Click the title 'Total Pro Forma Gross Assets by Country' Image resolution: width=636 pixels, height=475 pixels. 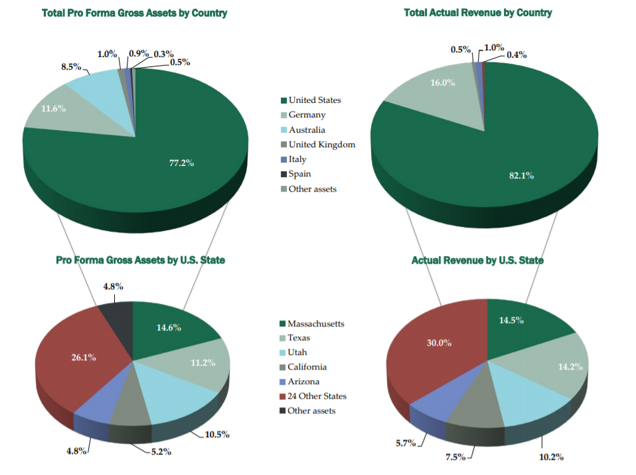click(134, 13)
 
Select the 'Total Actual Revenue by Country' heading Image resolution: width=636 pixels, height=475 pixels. click(477, 13)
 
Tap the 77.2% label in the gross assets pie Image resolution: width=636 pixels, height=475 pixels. click(181, 163)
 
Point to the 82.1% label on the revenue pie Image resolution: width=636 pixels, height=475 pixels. click(521, 175)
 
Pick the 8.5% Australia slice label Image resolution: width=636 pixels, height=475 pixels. click(71, 67)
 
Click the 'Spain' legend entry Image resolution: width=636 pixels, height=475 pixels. click(299, 174)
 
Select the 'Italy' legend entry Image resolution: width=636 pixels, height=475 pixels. click(297, 159)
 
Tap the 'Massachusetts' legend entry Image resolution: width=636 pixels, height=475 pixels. click(315, 324)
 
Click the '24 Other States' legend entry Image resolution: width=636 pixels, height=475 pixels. click(317, 396)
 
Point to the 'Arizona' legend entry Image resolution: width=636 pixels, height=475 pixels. click(303, 381)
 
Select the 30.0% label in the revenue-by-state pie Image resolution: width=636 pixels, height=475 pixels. click(438, 343)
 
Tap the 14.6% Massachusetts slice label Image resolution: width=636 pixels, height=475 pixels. click(169, 327)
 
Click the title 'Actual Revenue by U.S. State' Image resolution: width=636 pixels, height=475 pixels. click(477, 260)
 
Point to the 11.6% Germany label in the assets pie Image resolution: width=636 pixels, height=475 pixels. click(53, 108)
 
